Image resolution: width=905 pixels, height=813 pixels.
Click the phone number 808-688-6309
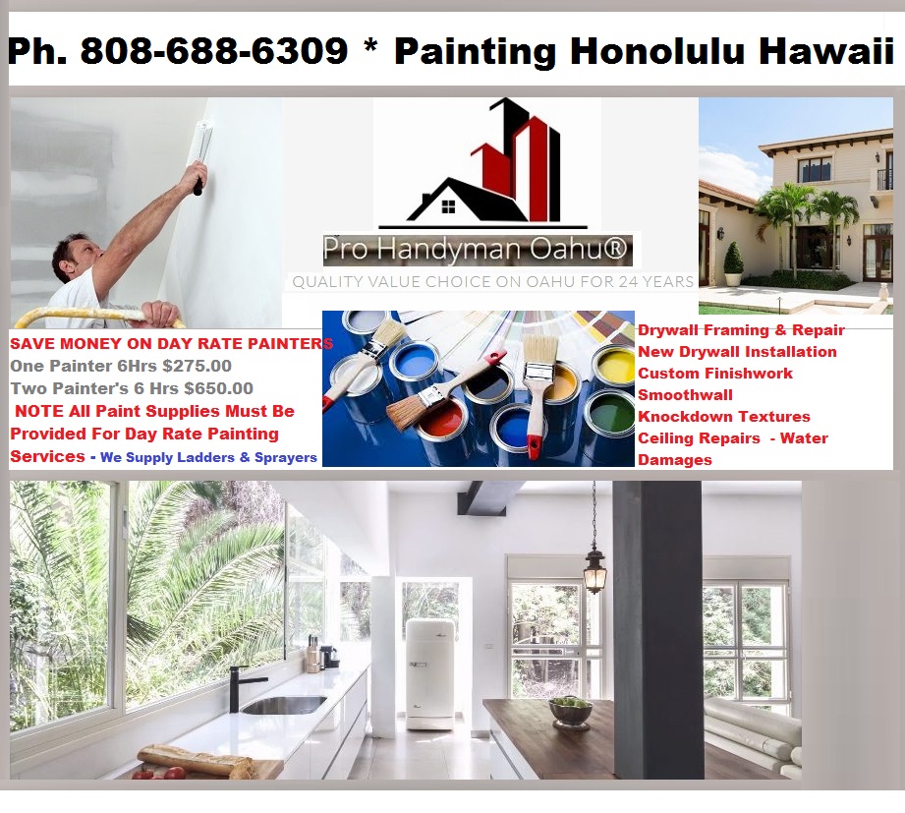[x=213, y=51]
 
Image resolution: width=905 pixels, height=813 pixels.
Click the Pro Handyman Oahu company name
[x=477, y=250]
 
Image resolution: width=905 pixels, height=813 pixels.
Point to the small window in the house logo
[x=448, y=206]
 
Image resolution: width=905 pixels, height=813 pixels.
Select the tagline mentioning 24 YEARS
[x=492, y=281]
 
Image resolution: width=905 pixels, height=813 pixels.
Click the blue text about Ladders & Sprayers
[x=208, y=457]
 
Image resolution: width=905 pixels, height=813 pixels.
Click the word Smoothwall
[x=685, y=394]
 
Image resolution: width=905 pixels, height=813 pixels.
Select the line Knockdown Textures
[x=724, y=416]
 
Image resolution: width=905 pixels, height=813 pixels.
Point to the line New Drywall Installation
[x=737, y=351]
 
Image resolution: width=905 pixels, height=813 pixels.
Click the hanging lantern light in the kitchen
[x=594, y=569]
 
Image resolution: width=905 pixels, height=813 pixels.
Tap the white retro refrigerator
[x=430, y=673]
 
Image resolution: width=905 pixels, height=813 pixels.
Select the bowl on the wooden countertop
[x=570, y=709]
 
